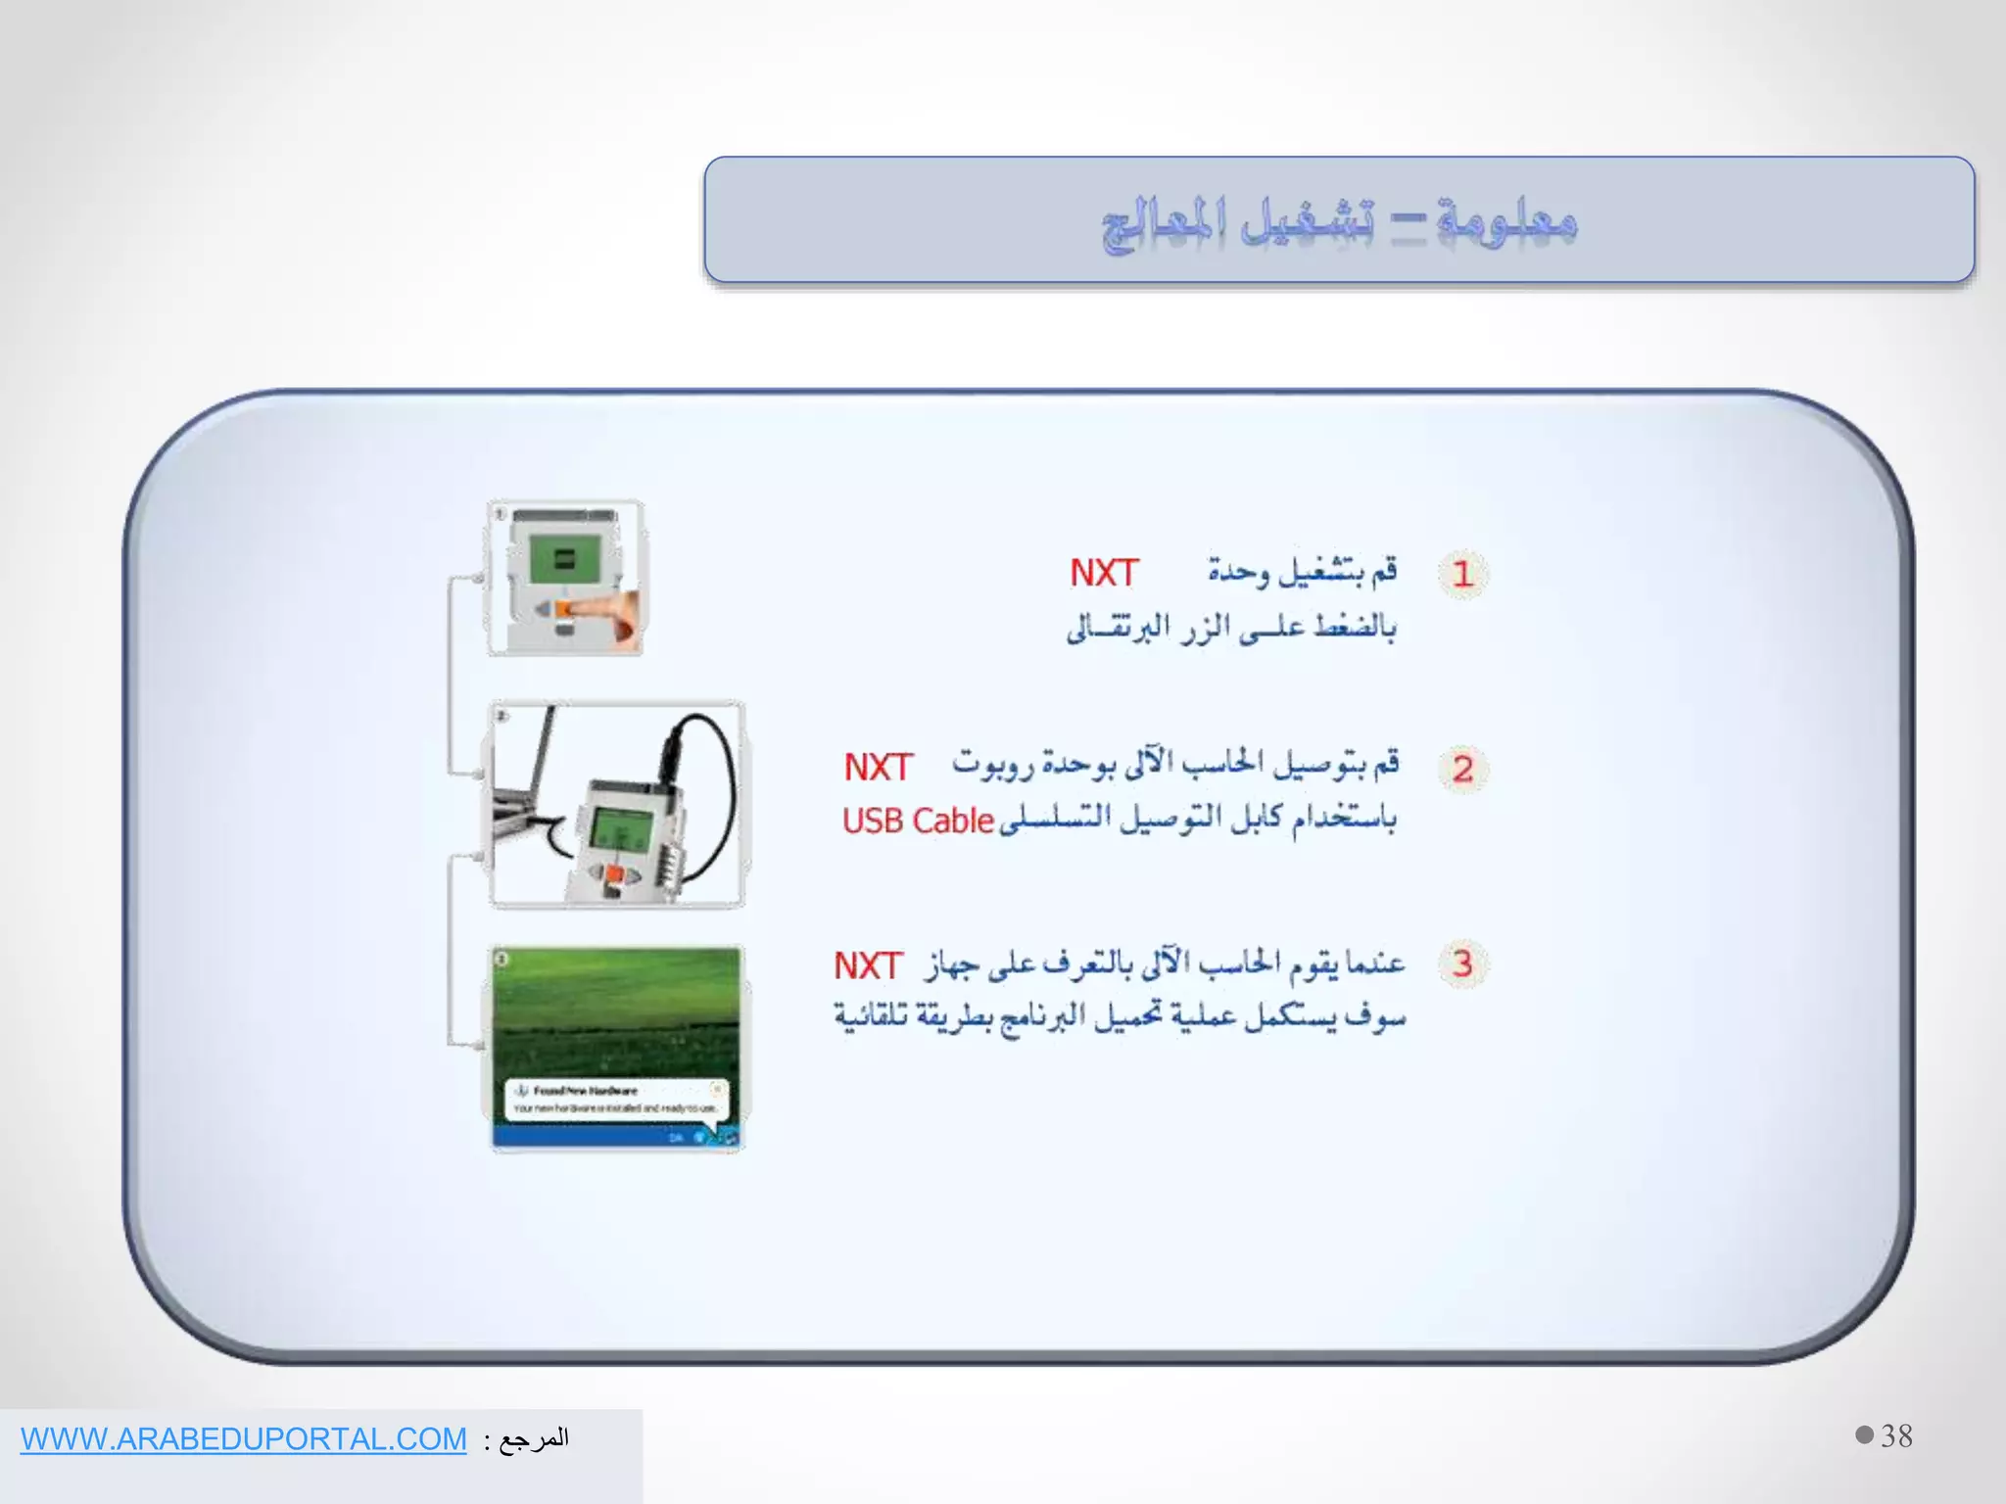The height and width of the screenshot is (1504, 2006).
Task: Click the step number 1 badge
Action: point(1462,574)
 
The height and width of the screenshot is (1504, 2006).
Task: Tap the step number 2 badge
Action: point(1462,769)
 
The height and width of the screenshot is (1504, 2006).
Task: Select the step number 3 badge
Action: point(1462,963)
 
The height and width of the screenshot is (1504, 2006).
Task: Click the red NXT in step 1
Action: point(1103,573)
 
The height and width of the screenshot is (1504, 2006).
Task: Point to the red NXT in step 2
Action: point(878,768)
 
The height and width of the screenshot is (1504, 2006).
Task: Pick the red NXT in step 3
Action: point(867,965)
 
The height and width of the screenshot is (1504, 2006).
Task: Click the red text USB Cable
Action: point(918,821)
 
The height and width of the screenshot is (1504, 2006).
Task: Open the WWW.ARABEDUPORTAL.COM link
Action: point(244,1438)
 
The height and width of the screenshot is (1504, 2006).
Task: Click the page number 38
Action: point(1896,1436)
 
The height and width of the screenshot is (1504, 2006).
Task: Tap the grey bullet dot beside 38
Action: point(1864,1434)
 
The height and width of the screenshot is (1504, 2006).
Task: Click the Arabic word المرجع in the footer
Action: point(534,1438)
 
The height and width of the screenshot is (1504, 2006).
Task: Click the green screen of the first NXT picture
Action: point(563,561)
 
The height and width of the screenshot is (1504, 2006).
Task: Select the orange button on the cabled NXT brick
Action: point(612,873)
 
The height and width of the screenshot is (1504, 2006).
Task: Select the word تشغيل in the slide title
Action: point(1308,220)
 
